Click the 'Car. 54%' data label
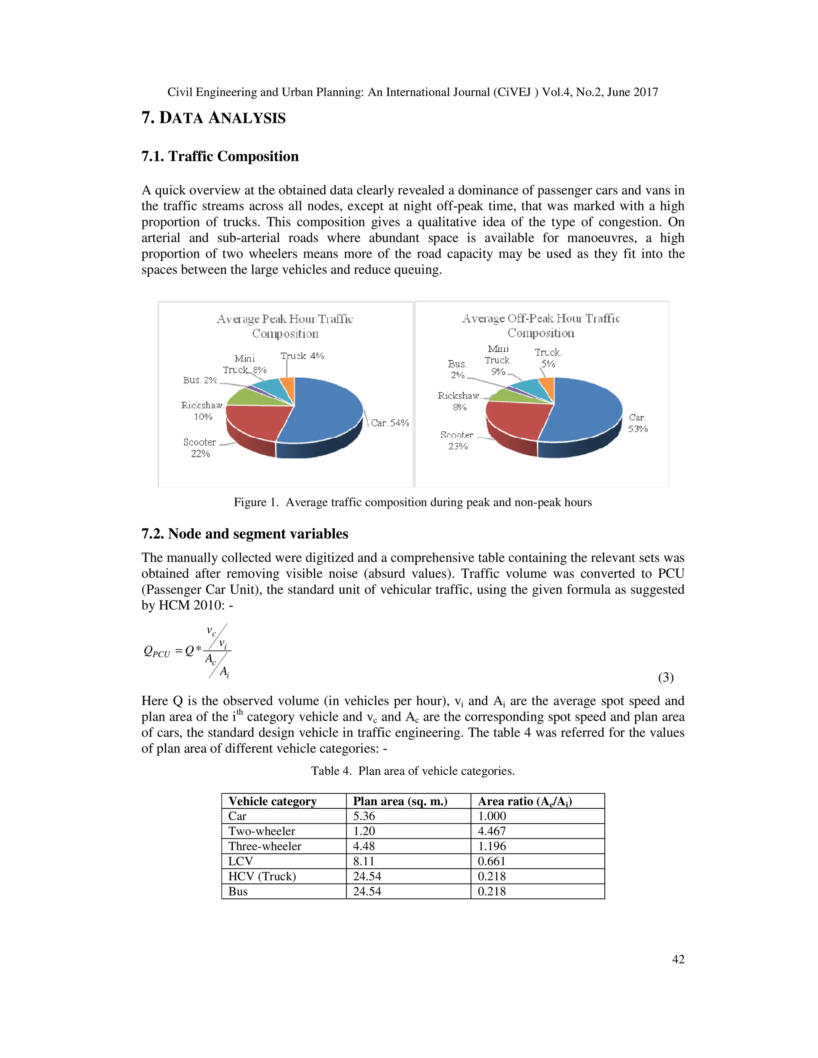pos(389,423)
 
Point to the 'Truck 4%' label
pos(302,356)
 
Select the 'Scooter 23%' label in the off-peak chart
pos(457,440)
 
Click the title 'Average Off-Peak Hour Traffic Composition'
pos(541,325)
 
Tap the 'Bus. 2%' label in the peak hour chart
pos(200,380)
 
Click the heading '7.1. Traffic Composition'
pos(220,157)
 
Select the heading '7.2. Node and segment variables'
pos(245,534)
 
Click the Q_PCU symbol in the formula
pos(157,652)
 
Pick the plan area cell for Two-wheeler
pos(364,831)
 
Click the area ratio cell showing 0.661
pos(491,861)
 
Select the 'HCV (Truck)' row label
pos(262,876)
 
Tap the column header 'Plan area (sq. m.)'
pos(400,801)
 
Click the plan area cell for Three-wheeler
pos(364,846)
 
